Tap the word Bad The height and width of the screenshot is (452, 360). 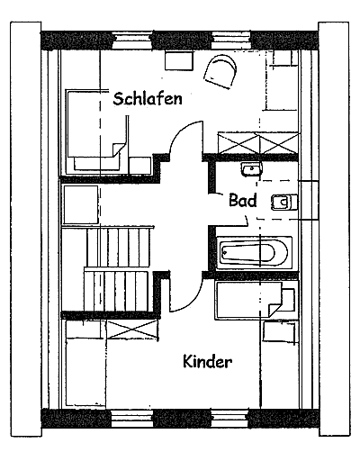pos(243,200)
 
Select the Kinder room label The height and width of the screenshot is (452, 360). pos(208,362)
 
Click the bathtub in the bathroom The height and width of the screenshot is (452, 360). pos(255,250)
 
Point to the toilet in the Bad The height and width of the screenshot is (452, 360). pos(282,202)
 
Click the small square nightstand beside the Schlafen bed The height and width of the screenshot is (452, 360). pos(139,163)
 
